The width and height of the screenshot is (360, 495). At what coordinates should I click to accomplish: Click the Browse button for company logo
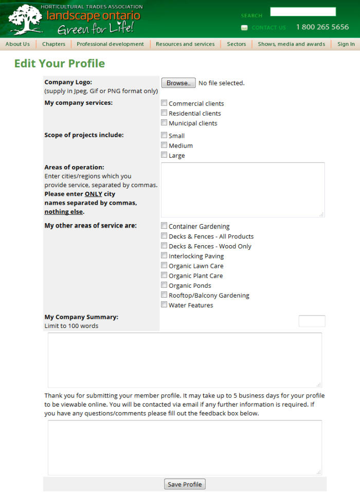click(x=178, y=83)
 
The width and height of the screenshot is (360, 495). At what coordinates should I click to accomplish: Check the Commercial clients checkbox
click(x=164, y=103)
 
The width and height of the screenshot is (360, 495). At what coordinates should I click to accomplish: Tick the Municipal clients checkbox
click(x=164, y=123)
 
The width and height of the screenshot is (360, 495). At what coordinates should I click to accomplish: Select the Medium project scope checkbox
click(x=164, y=145)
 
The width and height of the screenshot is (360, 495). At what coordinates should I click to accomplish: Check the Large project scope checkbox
click(x=164, y=155)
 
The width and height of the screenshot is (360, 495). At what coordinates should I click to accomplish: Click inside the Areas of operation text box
click(x=243, y=190)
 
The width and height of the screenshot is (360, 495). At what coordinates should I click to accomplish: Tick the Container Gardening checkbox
click(x=164, y=226)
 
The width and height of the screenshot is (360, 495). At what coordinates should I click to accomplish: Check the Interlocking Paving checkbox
click(x=164, y=256)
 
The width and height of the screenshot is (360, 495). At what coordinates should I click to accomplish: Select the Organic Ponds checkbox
click(x=164, y=285)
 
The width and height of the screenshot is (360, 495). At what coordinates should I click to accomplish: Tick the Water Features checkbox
click(x=164, y=305)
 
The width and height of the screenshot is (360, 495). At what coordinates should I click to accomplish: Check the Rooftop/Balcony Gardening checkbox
click(x=164, y=295)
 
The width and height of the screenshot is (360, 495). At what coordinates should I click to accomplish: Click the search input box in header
click(x=303, y=12)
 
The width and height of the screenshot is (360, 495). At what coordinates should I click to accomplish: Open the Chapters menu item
click(x=53, y=44)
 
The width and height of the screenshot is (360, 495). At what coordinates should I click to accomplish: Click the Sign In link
click(x=346, y=44)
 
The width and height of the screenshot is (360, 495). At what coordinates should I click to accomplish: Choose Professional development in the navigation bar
click(x=110, y=44)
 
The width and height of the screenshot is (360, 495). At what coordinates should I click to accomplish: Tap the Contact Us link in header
click(x=268, y=28)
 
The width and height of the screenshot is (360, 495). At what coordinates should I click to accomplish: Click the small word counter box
click(x=312, y=321)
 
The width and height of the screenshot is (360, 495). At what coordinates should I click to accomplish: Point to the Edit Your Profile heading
click(x=60, y=64)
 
